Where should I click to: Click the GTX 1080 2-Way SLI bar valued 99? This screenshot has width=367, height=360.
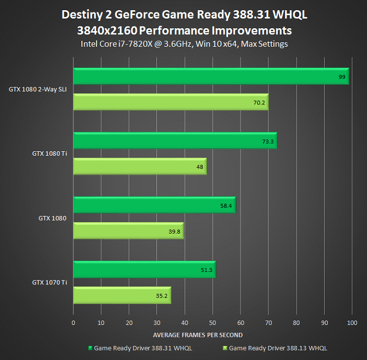coord(211,76)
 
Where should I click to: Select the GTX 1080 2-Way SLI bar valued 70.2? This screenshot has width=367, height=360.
coord(171,102)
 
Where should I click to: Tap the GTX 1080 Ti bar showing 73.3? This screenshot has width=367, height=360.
coord(175,141)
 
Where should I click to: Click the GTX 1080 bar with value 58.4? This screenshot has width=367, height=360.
coord(154,205)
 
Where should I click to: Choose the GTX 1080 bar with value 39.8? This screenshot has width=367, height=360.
coord(128,231)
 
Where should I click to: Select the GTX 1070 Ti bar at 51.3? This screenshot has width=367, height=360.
coord(144,270)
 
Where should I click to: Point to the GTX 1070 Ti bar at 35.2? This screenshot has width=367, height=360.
coord(122,295)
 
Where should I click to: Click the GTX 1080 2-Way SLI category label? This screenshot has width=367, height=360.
coord(38,89)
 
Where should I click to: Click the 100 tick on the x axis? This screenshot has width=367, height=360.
coord(351,323)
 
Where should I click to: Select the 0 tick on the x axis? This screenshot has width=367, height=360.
coord(73,323)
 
